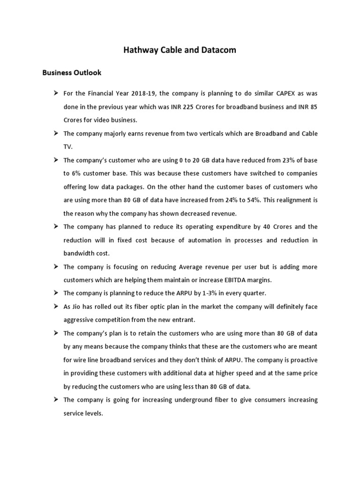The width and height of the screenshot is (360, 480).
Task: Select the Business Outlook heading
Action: coord(72,73)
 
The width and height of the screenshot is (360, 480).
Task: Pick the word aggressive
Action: coord(80,320)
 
